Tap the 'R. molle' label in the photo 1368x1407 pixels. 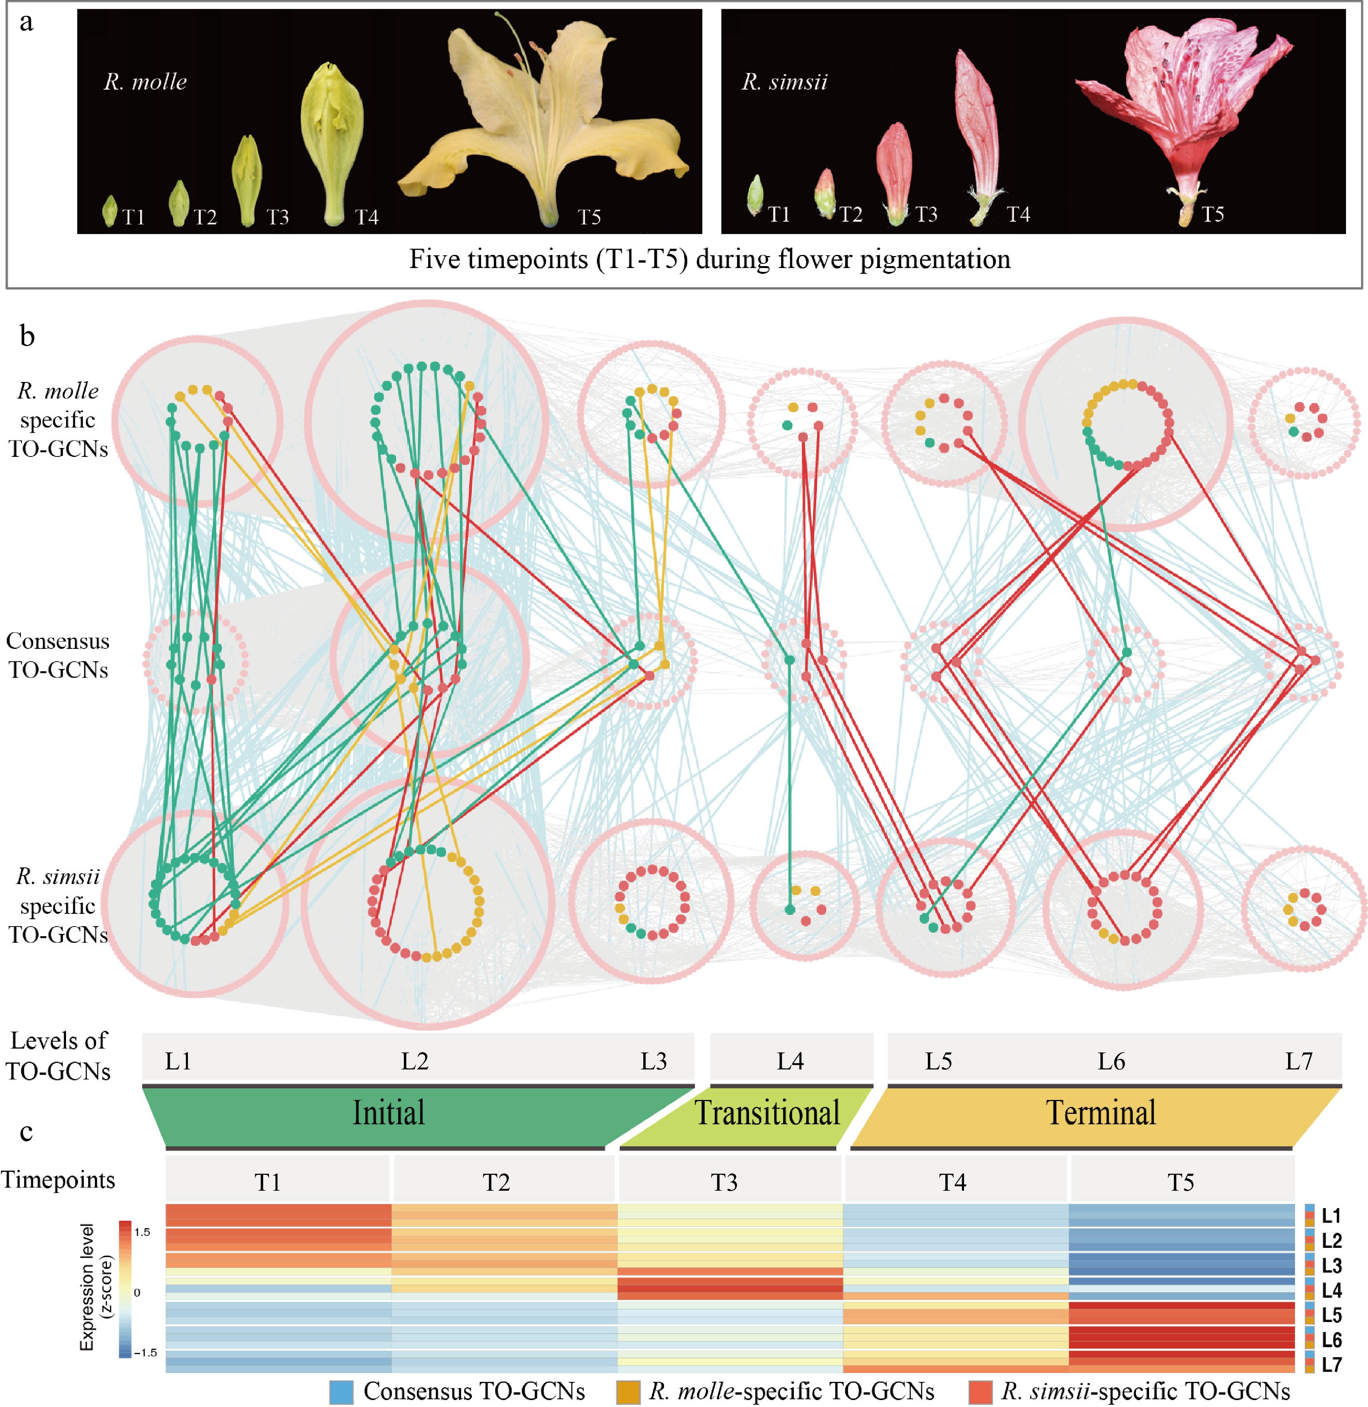(x=145, y=82)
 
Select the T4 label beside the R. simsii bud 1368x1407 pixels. (x=1018, y=214)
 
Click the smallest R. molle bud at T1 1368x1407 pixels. (x=110, y=210)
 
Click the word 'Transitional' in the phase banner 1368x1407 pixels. (x=766, y=1113)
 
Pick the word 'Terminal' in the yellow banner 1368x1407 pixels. (x=1101, y=1113)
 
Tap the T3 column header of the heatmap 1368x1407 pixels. (x=724, y=1182)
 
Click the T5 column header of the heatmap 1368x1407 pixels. (x=1180, y=1182)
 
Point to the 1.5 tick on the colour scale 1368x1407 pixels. (x=142, y=1232)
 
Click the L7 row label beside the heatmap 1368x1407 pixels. (x=1331, y=1364)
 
